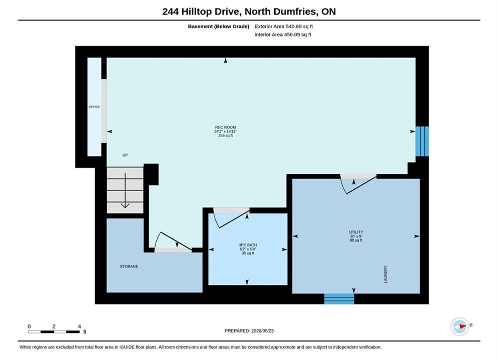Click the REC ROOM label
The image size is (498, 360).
point(225,127)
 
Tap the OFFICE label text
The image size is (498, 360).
point(94,107)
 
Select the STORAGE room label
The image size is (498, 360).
point(129,266)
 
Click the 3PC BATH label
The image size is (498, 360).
point(248,245)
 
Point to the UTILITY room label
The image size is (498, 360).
point(356,232)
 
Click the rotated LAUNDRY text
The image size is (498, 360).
point(385,274)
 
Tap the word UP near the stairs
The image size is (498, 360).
point(125,155)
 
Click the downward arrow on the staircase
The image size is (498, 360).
point(125,190)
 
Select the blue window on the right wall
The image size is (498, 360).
point(422,141)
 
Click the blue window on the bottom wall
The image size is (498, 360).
point(339,299)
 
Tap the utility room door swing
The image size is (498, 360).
point(358,184)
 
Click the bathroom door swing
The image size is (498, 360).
point(231,218)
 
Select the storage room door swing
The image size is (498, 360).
point(173,241)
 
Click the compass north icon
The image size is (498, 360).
point(459,326)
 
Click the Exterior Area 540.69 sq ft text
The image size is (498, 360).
point(284,26)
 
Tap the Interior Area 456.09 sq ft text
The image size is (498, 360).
point(283,34)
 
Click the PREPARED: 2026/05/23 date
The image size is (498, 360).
point(249,331)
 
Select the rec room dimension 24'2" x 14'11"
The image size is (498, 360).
point(226,131)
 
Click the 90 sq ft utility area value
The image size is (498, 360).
point(356,240)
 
